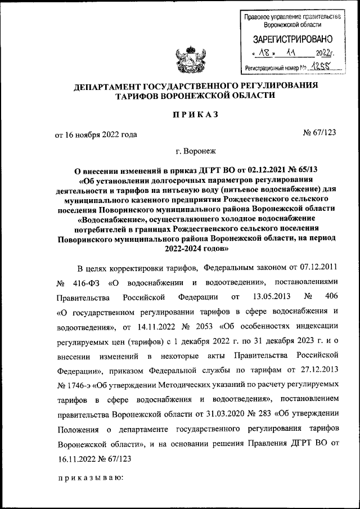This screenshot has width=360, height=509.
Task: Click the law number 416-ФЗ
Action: (89, 281)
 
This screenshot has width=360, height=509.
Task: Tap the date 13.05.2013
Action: (268, 295)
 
